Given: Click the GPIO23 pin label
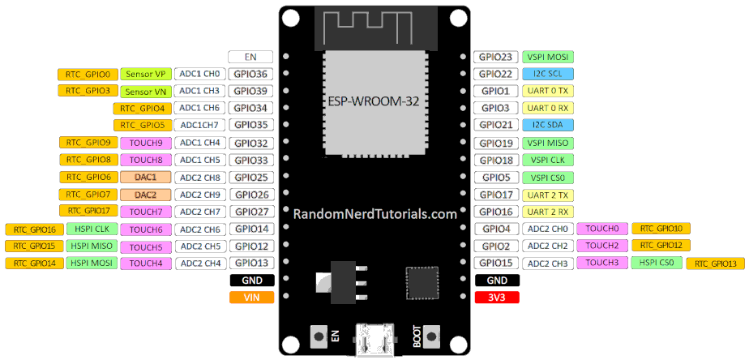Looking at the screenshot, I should click(495, 57).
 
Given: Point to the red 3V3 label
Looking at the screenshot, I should click(496, 298).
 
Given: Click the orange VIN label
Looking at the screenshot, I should click(251, 298).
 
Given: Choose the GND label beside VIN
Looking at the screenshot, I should click(251, 281).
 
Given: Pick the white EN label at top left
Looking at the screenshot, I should click(251, 57).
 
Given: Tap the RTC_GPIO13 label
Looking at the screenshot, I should click(716, 264).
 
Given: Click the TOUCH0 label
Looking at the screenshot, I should click(602, 229).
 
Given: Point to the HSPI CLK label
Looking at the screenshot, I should click(92, 229).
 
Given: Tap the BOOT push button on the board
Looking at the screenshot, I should click(430, 335).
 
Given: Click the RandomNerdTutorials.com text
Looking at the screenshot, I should click(374, 214).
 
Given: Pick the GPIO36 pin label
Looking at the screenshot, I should click(251, 74).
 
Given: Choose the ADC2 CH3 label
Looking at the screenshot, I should click(547, 264).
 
